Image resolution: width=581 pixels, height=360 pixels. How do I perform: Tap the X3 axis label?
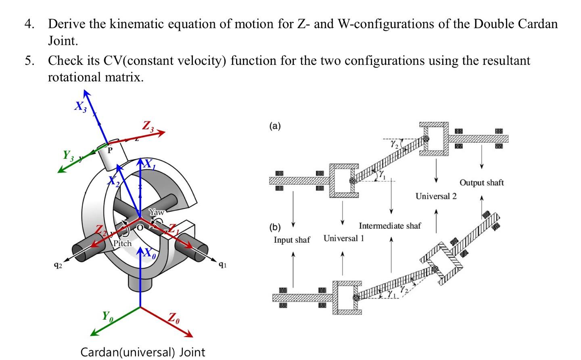[79, 106]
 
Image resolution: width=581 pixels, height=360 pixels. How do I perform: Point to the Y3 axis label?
[67, 155]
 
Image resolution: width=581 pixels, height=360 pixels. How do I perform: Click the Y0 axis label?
[107, 316]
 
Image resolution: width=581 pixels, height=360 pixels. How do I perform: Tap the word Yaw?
[156, 212]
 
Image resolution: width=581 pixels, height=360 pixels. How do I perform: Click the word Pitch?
[122, 243]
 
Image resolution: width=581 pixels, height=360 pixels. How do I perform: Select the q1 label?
[222, 265]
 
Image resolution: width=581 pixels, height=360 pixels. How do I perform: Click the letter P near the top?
[109, 150]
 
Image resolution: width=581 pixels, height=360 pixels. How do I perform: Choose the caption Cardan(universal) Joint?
[143, 352]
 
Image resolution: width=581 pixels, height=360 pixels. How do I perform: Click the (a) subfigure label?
[274, 127]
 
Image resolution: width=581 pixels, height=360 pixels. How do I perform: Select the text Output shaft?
[481, 183]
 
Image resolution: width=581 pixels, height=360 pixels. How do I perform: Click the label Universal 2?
[436, 196]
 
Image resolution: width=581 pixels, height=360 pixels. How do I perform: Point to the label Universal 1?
[343, 238]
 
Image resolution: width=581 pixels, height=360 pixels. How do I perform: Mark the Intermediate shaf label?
[389, 226]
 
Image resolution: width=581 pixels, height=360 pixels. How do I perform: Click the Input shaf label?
[292, 240]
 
